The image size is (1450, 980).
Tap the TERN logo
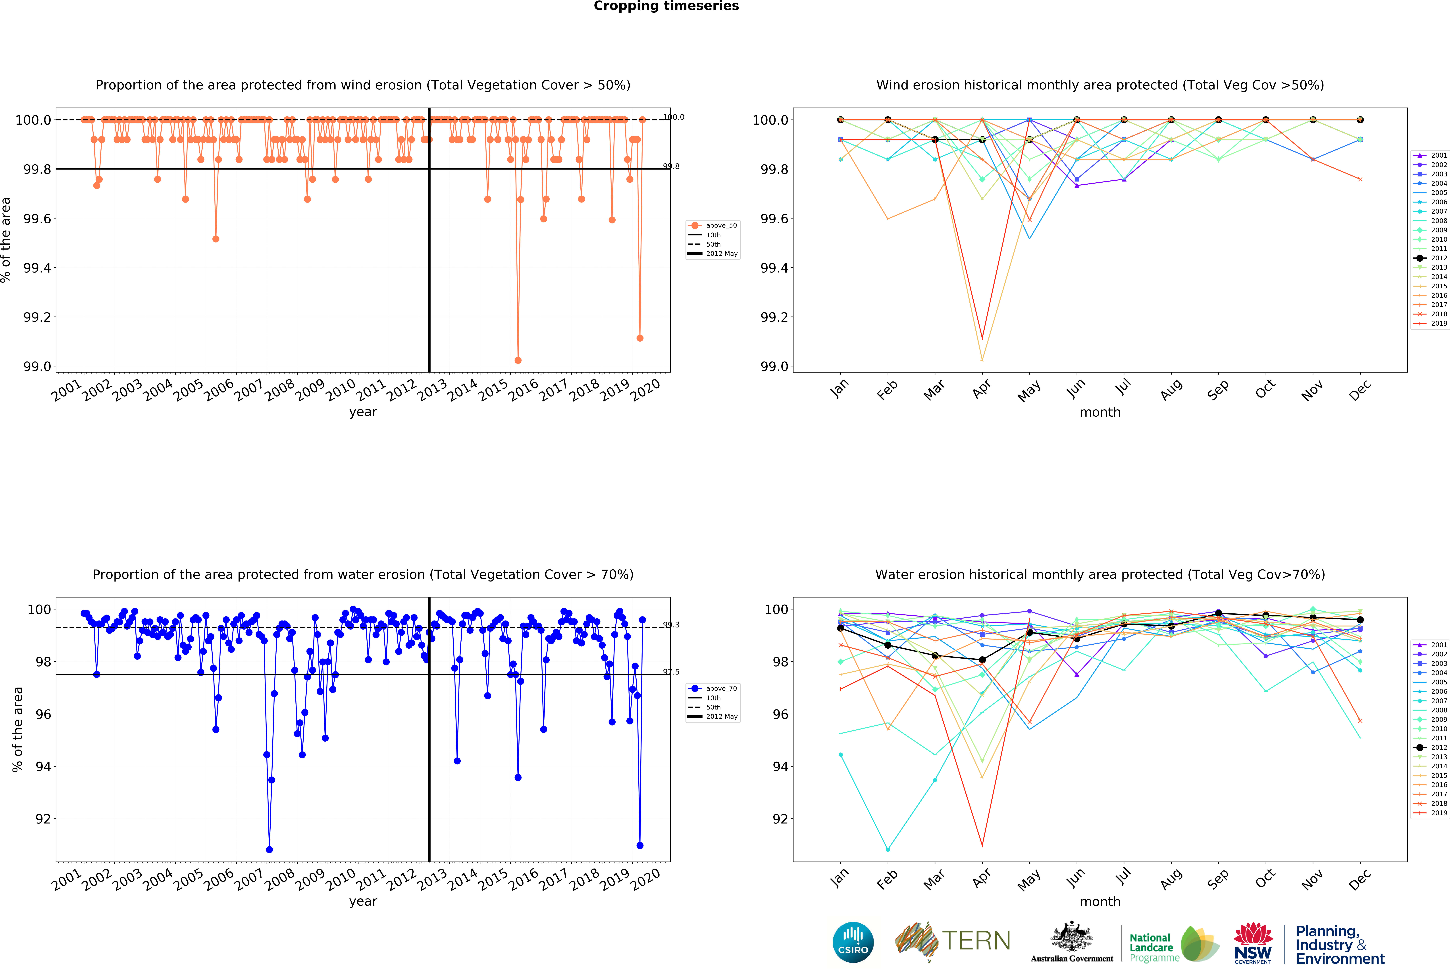[953, 941]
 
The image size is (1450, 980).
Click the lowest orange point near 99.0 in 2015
[518, 360]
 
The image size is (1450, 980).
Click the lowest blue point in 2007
[269, 850]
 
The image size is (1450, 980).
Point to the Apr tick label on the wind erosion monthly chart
[981, 389]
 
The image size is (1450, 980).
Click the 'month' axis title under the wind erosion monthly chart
[1100, 412]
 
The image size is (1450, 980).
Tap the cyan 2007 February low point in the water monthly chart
[888, 850]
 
